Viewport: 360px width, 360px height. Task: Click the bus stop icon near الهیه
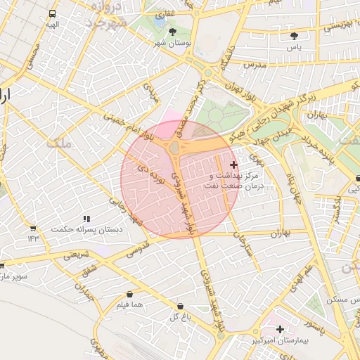53,14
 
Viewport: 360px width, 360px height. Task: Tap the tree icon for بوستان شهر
174,31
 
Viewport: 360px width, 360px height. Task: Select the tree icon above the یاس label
294,35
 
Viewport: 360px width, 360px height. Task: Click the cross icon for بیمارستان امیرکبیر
280,329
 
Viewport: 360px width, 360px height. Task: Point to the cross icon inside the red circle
233,165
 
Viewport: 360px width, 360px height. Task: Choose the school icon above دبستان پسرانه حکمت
86,219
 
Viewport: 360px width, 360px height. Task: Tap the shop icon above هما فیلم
129,295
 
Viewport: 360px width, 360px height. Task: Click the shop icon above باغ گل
181,307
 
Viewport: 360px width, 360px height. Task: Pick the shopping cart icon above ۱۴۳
33,229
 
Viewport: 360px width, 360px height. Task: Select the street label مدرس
253,64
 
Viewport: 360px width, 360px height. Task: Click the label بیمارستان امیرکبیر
280,340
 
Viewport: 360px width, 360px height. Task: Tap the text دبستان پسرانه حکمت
89,230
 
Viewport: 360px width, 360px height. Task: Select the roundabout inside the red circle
174,148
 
